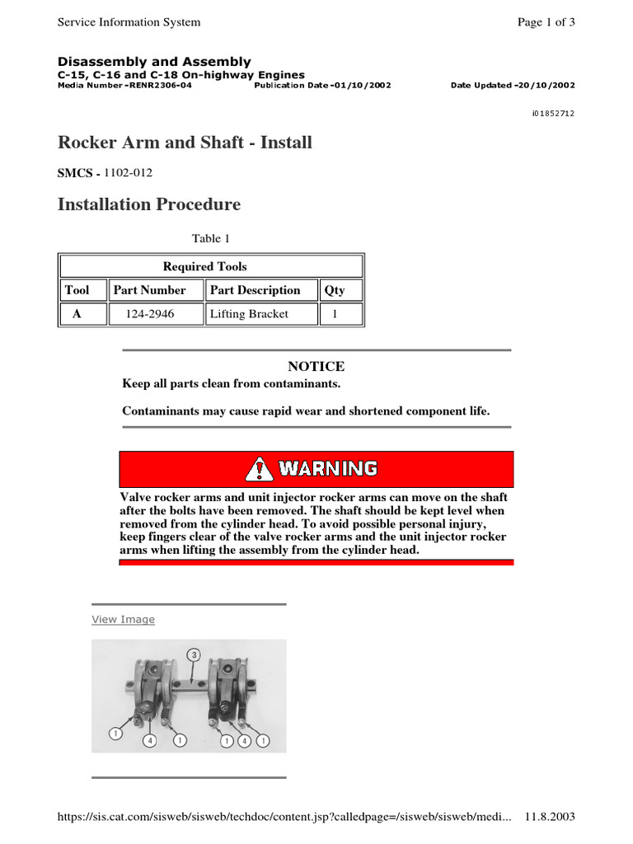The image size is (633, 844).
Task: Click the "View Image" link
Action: click(123, 619)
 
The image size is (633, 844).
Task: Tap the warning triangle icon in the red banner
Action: click(259, 469)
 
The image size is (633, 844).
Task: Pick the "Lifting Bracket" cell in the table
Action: click(249, 314)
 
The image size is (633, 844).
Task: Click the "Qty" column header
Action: click(335, 290)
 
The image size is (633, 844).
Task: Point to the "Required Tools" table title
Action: click(204, 266)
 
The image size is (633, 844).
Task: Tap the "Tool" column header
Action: click(77, 290)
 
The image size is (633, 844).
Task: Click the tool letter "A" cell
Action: click(77, 314)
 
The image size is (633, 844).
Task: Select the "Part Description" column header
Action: click(255, 290)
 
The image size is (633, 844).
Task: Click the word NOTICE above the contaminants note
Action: click(316, 366)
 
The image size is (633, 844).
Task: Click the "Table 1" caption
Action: click(211, 238)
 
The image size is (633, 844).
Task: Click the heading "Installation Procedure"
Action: click(149, 204)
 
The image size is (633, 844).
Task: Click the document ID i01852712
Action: click(553, 113)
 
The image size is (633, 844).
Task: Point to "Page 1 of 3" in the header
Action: click(546, 22)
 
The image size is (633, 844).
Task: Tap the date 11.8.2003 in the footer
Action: click(549, 817)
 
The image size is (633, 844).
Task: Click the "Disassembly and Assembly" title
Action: click(154, 62)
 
